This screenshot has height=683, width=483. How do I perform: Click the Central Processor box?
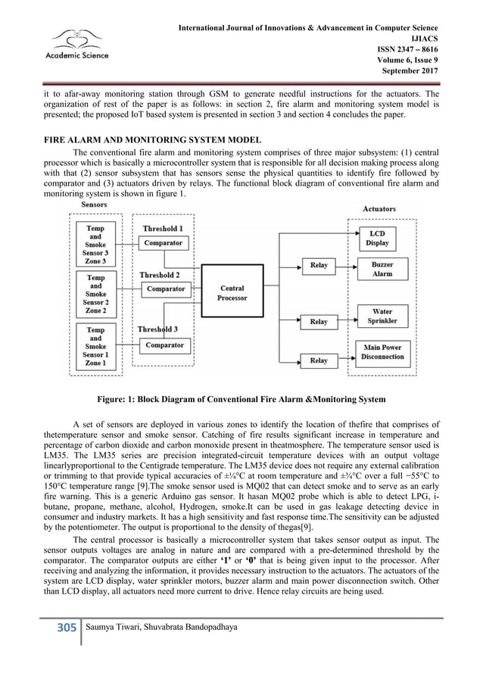232,293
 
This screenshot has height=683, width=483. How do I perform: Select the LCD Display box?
377,238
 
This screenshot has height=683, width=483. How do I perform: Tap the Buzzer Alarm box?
382,269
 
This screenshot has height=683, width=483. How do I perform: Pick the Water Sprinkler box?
382,316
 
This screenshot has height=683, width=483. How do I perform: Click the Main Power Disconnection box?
382,352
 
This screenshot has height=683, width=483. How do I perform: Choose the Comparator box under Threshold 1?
164,243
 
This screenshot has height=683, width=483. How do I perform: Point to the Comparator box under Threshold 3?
164,345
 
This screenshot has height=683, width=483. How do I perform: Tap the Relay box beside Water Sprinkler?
319,322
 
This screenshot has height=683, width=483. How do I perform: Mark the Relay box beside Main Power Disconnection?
319,360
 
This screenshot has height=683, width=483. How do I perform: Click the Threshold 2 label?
159,275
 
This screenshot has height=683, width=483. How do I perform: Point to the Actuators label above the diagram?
379,208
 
